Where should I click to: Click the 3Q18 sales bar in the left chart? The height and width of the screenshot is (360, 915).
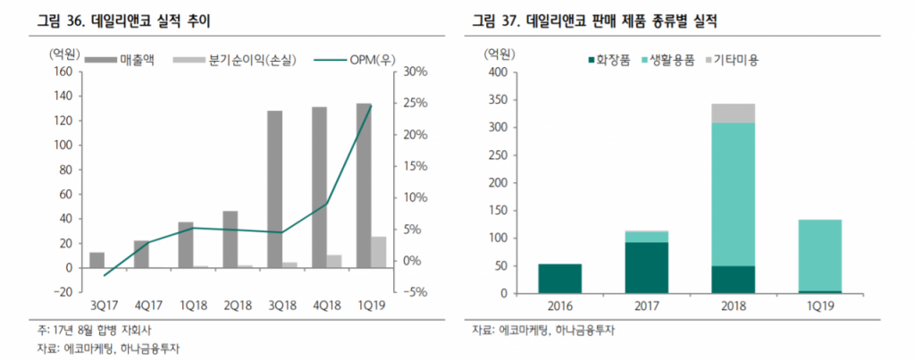[274, 188]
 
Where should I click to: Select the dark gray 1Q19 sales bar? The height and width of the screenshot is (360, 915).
[364, 185]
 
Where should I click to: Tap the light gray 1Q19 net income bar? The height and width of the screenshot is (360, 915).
[379, 252]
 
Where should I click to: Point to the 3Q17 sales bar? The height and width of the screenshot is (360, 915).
[97, 260]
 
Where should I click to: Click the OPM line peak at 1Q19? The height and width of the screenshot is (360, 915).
[371, 105]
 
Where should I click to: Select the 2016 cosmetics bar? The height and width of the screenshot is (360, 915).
[560, 279]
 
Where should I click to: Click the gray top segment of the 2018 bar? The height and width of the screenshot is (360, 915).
[733, 113]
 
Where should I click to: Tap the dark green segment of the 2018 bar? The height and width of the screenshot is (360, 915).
[733, 280]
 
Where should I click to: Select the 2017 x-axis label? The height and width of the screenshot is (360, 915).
[646, 306]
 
